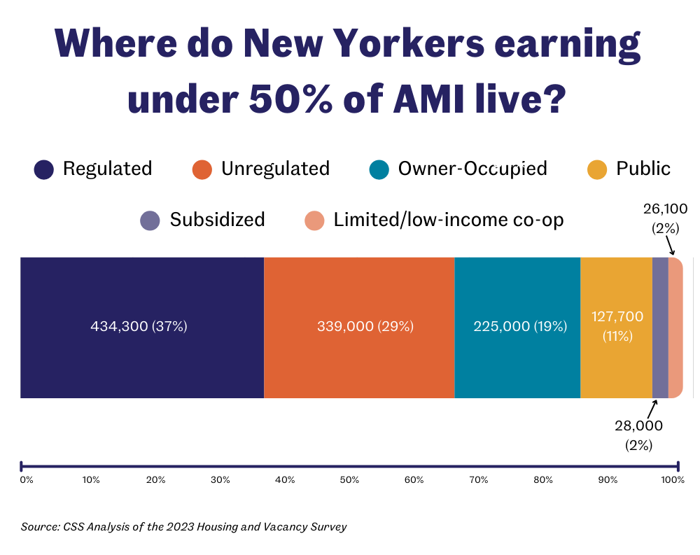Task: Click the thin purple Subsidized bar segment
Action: [x=660, y=327]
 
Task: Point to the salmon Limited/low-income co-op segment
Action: [x=675, y=327]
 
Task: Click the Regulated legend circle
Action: [x=44, y=169]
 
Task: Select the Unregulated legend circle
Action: [x=202, y=169]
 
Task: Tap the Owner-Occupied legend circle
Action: [x=379, y=169]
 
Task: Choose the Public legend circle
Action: [x=597, y=169]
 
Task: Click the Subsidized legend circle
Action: [x=150, y=220]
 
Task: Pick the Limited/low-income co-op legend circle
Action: [x=314, y=220]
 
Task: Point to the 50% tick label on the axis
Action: [x=349, y=480]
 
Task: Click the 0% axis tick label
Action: [x=26, y=480]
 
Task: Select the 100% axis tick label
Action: [x=673, y=480]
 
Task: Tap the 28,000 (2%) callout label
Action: [x=639, y=435]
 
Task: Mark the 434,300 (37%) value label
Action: [x=139, y=327]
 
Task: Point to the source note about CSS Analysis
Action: [x=183, y=526]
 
